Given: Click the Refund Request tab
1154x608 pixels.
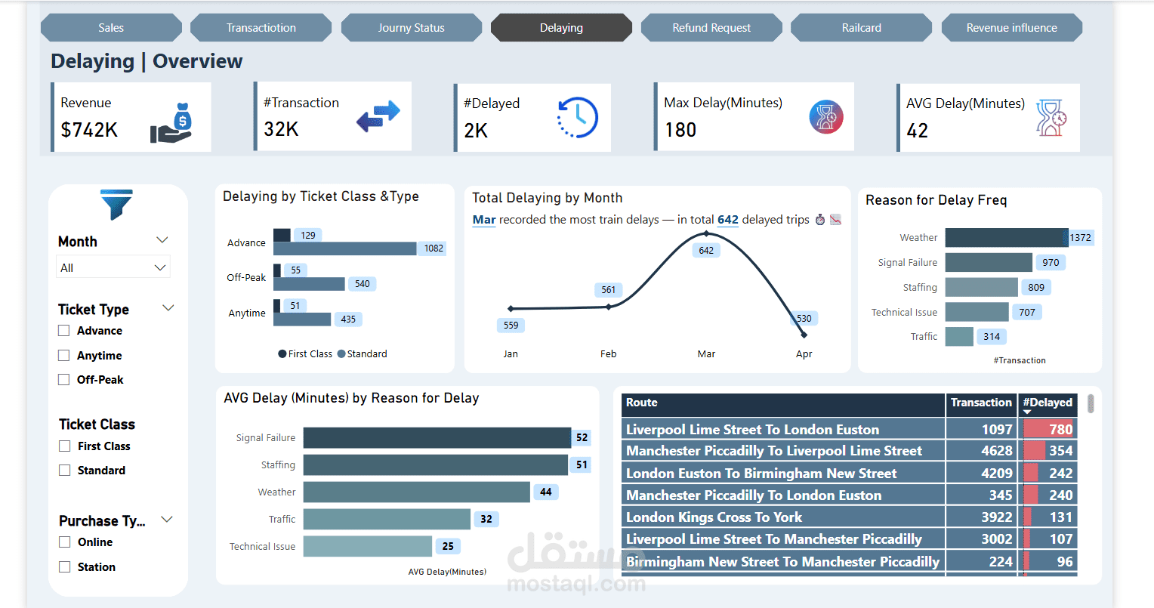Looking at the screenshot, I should pos(711,28).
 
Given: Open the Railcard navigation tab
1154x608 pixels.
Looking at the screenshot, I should pos(861,28).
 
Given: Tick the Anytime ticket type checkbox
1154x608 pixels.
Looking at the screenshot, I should pos(64,356).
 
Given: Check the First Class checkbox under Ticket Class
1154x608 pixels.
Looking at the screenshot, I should pos(65,446).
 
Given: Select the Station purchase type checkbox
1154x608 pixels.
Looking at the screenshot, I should pos(65,567).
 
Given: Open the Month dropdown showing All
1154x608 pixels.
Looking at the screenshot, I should pos(113,267).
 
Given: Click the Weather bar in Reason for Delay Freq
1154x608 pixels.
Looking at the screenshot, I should pos(1006,238).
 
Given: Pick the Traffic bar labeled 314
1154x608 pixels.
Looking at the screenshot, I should pos(959,337).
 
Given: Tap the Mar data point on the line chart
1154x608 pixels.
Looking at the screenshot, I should pos(706,233).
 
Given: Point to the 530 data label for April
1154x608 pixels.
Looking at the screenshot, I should pos(804,319).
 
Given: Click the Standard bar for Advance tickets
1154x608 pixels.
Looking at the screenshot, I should pos(344,248).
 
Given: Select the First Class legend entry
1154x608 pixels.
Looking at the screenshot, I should pos(305,354).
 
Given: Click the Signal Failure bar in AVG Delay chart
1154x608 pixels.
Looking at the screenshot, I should pos(437,438).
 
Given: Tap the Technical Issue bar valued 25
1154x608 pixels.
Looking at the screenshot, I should pos(367,546).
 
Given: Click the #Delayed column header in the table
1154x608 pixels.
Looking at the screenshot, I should pos(1048,403).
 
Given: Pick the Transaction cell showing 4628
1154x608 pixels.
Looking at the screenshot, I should pos(996,451).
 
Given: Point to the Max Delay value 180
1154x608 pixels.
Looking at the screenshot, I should pos(680,131).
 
